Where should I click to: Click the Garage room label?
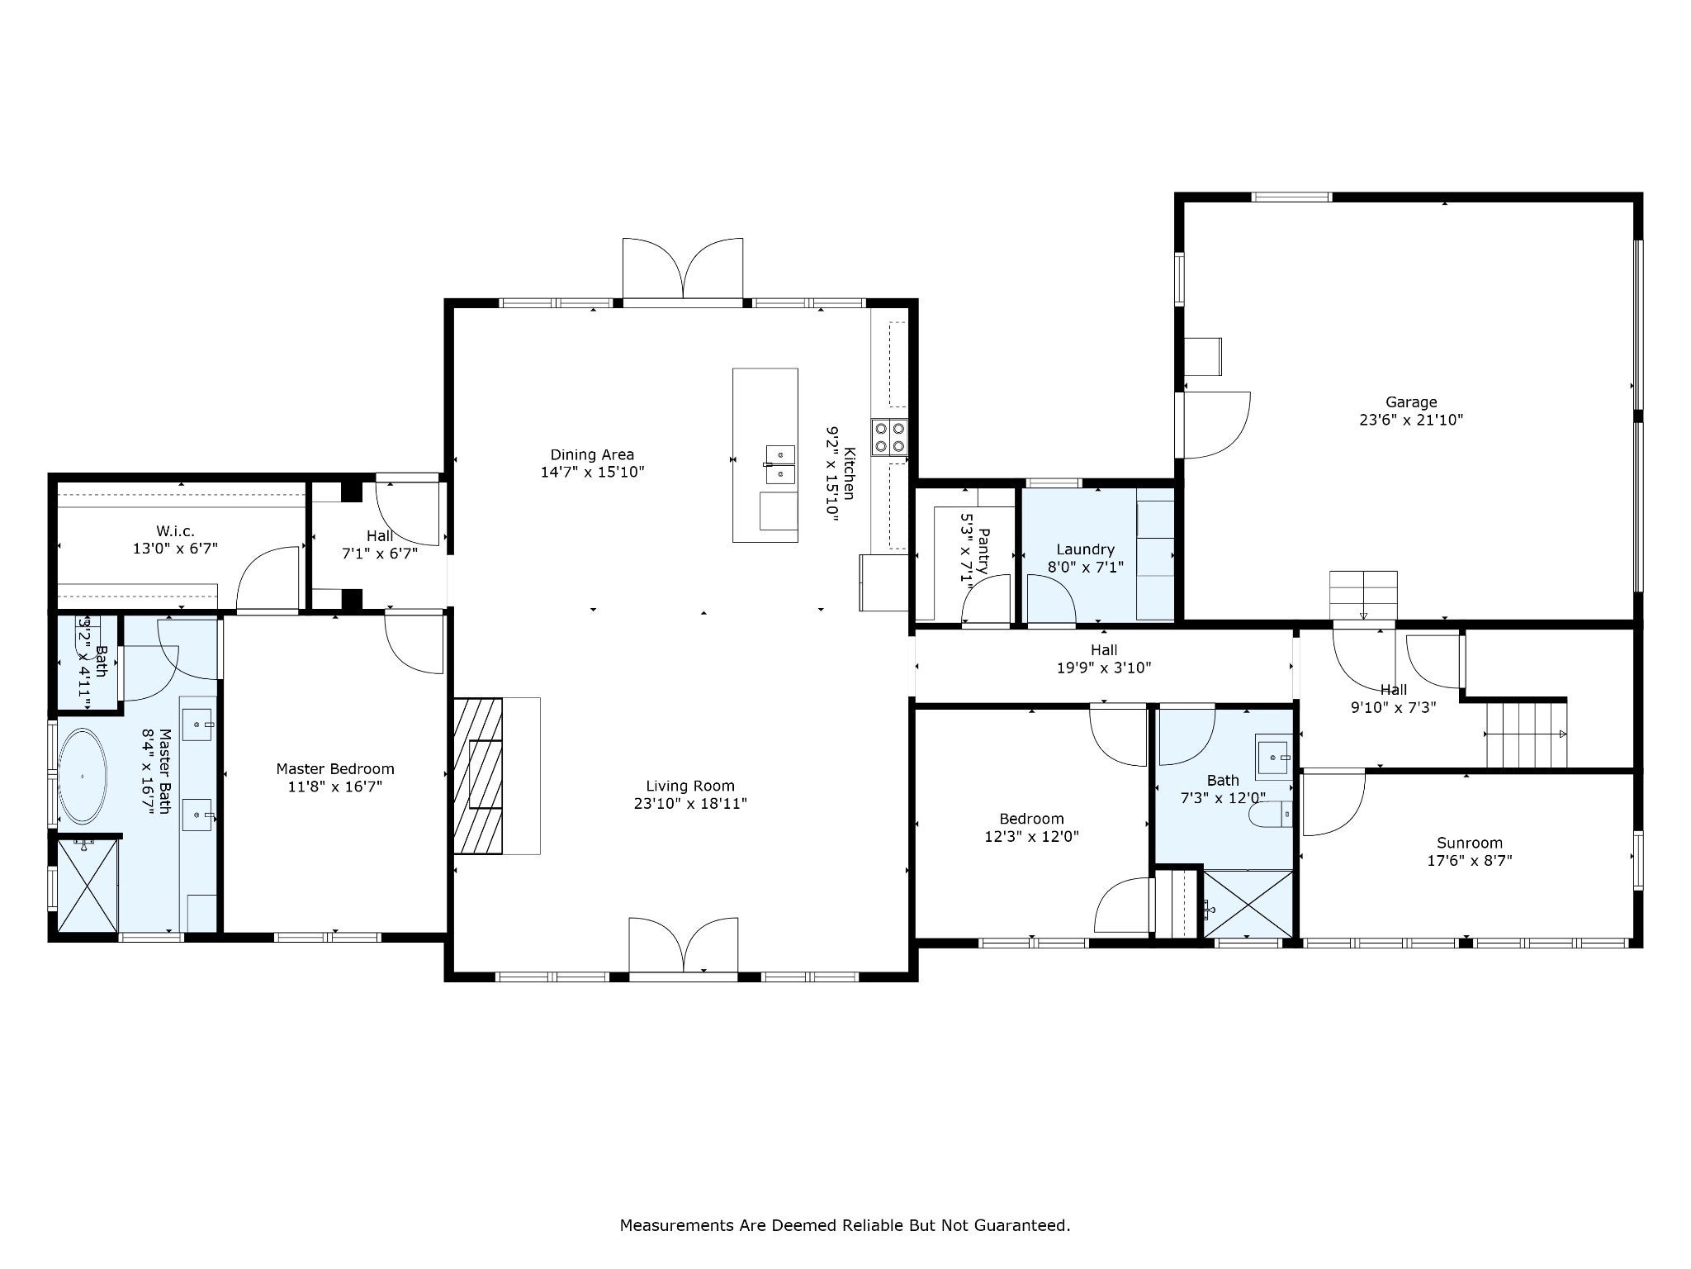(1411, 402)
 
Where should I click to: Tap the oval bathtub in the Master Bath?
(83, 777)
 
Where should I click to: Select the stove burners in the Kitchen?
(889, 437)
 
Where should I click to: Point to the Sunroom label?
(1469, 843)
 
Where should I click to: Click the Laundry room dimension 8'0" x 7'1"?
(1086, 568)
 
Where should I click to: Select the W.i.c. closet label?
(175, 530)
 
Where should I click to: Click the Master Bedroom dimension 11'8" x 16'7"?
(334, 787)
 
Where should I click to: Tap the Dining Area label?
(592, 454)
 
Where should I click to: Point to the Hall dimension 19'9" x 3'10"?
(1104, 668)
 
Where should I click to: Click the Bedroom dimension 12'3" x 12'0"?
(1031, 836)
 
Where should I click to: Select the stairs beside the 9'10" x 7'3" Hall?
(1527, 734)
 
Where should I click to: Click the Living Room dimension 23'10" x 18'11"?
(690, 803)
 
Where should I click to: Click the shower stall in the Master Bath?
(87, 885)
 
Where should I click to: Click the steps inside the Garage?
(1363, 595)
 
